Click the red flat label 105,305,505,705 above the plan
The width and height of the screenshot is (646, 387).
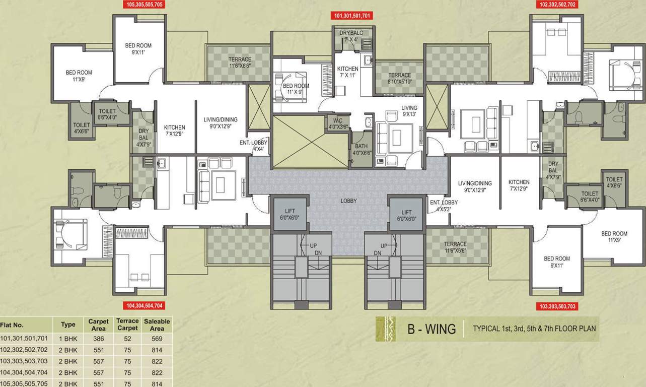[x=144, y=5]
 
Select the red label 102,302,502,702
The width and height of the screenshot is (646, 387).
[x=557, y=5]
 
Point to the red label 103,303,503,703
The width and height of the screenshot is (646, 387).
[x=557, y=306]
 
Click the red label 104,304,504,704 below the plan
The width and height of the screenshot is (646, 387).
[x=144, y=305]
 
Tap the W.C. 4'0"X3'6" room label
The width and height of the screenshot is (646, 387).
[x=335, y=123]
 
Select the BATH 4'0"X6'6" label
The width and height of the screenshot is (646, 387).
[x=361, y=150]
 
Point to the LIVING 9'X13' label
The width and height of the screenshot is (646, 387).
[x=409, y=111]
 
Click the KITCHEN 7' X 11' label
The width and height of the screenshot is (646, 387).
[x=347, y=72]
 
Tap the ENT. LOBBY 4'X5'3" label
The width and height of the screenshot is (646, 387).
[x=444, y=206]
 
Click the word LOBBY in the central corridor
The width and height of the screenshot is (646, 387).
[x=348, y=201]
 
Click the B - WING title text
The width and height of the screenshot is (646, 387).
[x=431, y=330]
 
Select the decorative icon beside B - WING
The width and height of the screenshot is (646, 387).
[x=386, y=329]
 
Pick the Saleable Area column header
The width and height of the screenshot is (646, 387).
[x=157, y=325]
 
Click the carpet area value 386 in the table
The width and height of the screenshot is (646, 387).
[x=98, y=339]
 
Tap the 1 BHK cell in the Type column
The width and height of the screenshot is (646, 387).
[x=68, y=339]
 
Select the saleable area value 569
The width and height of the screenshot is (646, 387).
[x=157, y=339]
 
